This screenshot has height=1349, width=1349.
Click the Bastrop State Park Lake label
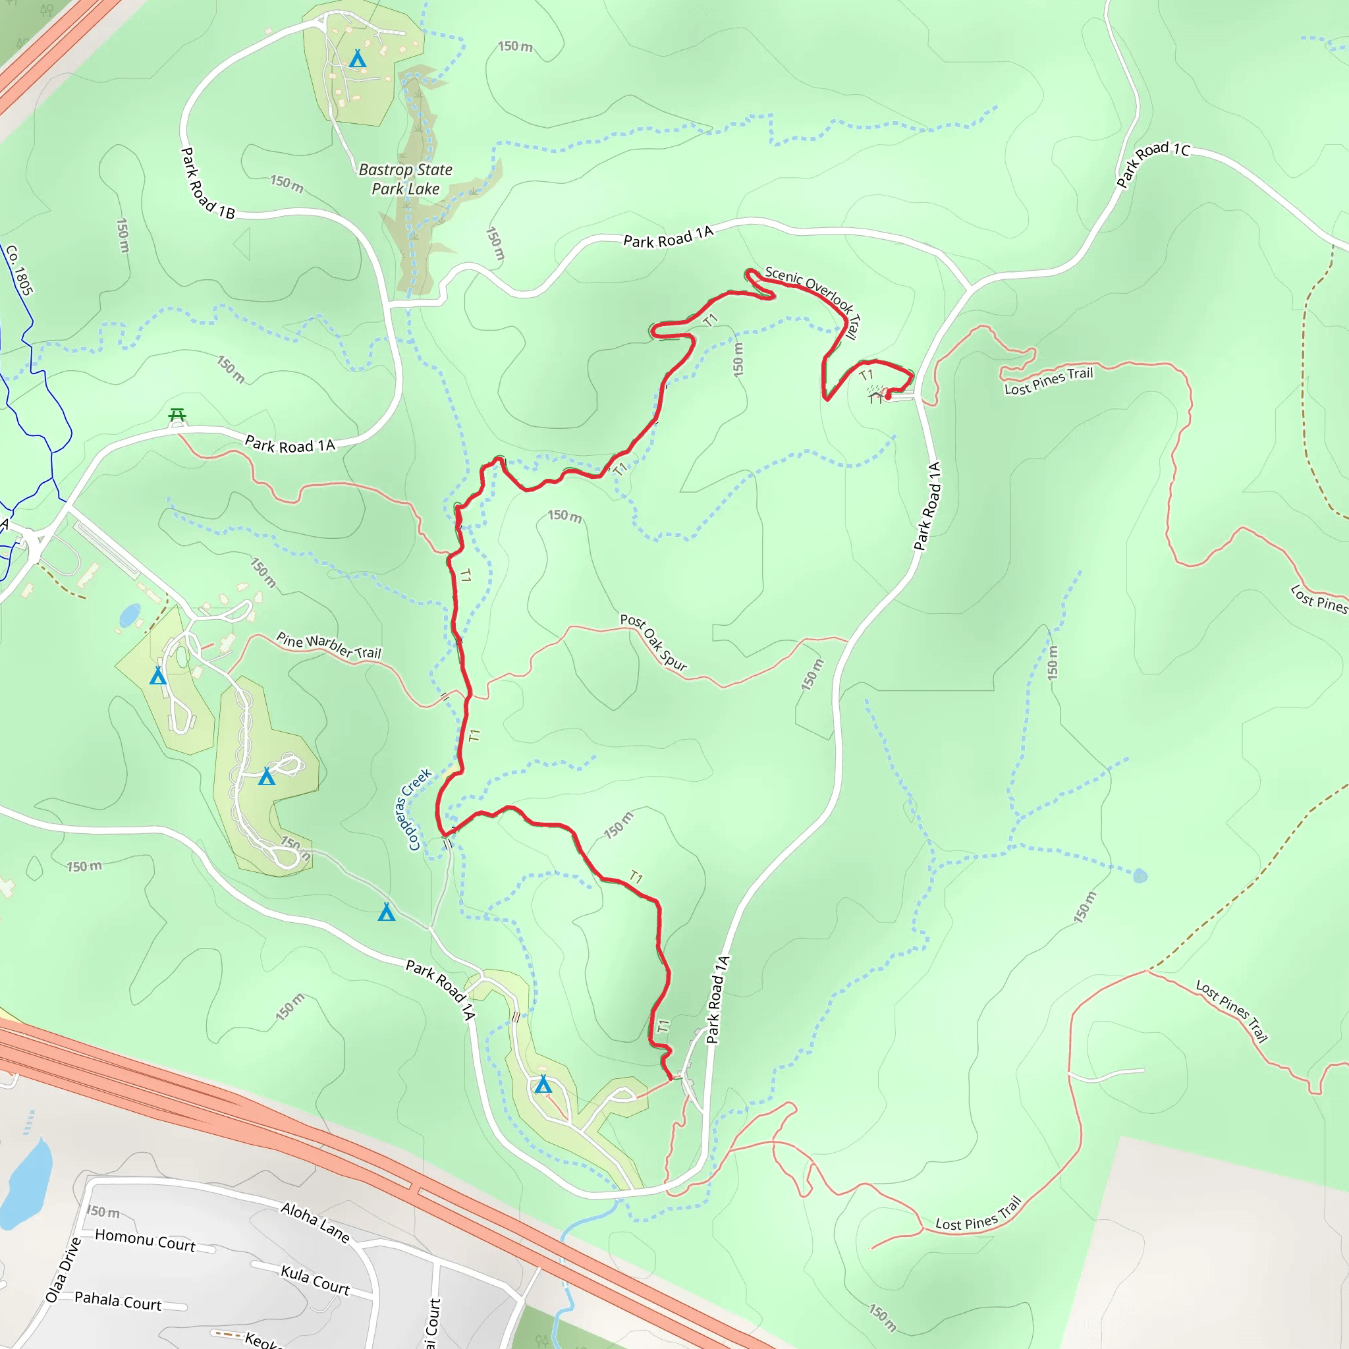click(406, 179)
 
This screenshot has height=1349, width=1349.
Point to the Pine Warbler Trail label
click(329, 645)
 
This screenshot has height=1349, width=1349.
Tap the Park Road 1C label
click(1153, 164)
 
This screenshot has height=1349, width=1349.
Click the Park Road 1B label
click(207, 184)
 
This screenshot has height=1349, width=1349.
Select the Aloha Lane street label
click(315, 1222)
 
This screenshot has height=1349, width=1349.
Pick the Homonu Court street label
click(145, 1240)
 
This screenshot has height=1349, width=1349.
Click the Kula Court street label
click(315, 1280)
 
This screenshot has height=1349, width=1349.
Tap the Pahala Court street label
click(118, 1301)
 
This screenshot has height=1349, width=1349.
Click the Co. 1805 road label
click(19, 270)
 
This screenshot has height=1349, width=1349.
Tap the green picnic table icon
click(177, 416)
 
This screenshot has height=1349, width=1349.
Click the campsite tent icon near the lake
click(358, 59)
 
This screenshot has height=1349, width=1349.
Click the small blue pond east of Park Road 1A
click(1140, 875)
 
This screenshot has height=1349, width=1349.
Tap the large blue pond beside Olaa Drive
click(26, 1184)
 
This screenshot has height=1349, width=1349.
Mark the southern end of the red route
click(671, 1080)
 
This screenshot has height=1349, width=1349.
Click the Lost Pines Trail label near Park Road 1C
click(1048, 381)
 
